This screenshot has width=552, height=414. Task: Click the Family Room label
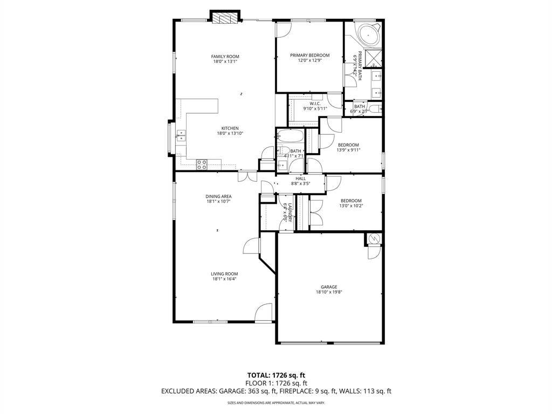(x=225, y=57)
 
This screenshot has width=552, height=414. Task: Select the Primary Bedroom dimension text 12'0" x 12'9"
(x=309, y=61)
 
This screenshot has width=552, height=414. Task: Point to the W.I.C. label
(x=315, y=103)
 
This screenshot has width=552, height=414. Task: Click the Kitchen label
(x=230, y=128)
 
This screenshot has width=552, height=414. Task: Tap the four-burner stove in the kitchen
(x=202, y=164)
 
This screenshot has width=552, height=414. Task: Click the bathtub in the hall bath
(x=290, y=136)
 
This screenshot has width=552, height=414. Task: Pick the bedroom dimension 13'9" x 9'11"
(x=348, y=150)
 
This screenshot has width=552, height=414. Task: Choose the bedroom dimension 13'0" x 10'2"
(x=350, y=206)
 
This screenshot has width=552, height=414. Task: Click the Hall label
(x=300, y=178)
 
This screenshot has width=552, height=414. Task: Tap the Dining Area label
(x=218, y=196)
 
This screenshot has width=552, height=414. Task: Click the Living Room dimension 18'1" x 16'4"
(x=224, y=279)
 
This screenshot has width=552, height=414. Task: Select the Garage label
(x=329, y=287)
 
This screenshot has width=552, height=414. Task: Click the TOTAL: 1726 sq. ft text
(x=276, y=375)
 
